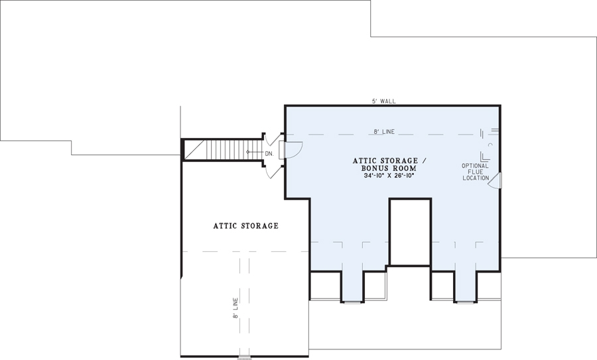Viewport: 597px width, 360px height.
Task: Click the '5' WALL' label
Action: [x=384, y=101]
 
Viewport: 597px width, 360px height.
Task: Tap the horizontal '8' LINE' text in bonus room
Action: [x=384, y=132]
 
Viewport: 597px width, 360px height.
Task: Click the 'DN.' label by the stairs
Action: [x=269, y=153]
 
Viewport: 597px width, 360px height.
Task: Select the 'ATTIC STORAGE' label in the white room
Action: [x=245, y=226]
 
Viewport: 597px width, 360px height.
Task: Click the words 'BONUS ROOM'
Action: [x=384, y=168]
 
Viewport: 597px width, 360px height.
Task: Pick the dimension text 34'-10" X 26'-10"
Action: [x=384, y=176]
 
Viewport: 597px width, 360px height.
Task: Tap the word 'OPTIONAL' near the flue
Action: [x=476, y=166]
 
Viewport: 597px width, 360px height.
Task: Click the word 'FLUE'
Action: [x=476, y=172]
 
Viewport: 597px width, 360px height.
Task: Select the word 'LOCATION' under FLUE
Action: [x=476, y=178]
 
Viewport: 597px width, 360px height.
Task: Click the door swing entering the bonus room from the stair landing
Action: [x=292, y=150]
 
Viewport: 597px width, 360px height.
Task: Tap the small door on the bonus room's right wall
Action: [x=496, y=181]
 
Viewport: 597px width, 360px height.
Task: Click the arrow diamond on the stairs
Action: [x=249, y=152]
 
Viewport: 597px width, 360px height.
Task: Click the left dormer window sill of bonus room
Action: [x=352, y=302]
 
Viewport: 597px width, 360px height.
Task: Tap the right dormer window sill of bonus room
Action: [x=465, y=302]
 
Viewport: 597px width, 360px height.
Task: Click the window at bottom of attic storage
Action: [x=245, y=357]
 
